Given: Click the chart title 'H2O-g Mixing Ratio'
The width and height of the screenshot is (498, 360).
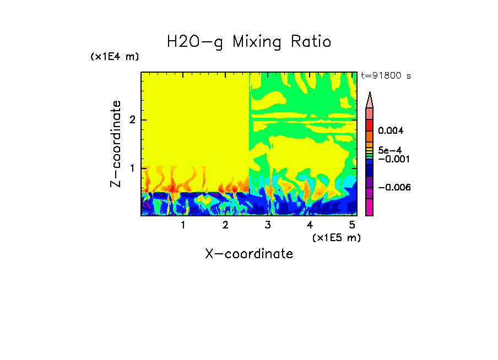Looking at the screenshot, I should [249, 41].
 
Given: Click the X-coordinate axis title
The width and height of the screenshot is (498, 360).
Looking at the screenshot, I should [249, 254].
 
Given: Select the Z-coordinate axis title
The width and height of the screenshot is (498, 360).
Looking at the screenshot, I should [116, 144].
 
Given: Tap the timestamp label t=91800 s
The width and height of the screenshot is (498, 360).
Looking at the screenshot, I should [386, 76].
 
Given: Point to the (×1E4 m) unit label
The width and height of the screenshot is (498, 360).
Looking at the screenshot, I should [115, 57].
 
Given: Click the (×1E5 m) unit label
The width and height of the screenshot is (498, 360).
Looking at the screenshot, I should [336, 237].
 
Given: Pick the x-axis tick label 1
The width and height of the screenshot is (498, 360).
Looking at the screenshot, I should [183, 225].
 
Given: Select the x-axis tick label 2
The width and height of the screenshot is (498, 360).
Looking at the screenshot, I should [225, 225].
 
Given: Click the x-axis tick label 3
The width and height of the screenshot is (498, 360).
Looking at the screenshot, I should [267, 225].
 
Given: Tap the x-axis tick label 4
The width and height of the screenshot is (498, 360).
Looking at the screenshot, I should [310, 225].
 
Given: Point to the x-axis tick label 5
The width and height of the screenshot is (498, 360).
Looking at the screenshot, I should [351, 225].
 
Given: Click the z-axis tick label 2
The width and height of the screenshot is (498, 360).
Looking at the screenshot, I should [132, 120].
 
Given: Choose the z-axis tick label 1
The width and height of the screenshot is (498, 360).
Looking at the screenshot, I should [132, 168].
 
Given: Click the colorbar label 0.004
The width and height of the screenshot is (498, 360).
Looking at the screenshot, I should [391, 131].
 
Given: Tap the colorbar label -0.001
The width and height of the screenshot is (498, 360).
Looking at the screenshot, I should [392, 159].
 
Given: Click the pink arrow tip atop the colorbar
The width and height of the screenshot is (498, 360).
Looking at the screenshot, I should [370, 99].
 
